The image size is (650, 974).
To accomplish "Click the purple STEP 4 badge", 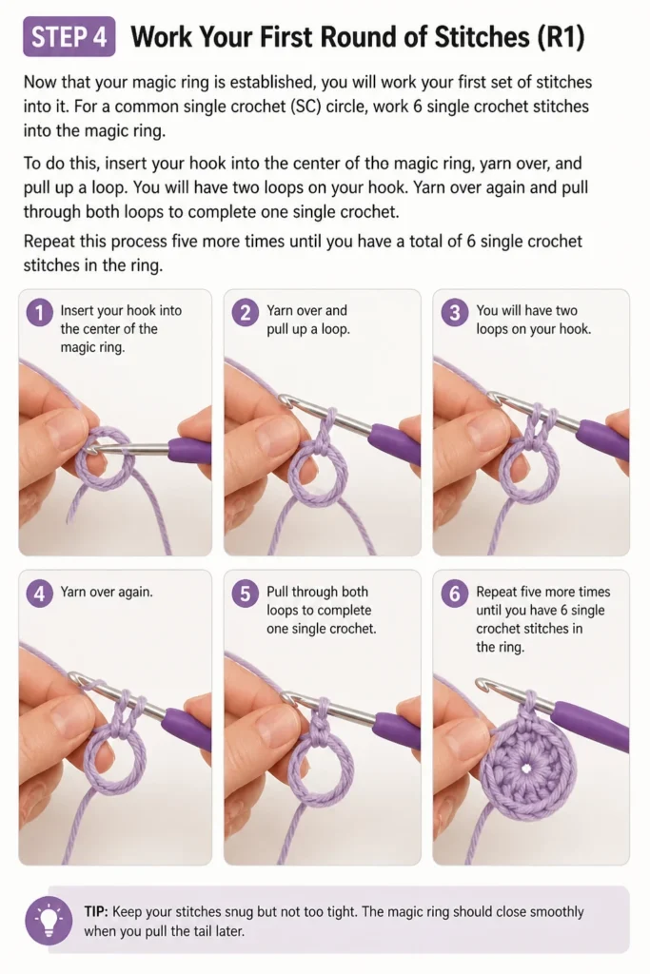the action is click(69, 37).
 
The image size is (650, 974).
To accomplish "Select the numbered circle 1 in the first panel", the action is click(39, 312).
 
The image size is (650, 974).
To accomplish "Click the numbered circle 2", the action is click(246, 312).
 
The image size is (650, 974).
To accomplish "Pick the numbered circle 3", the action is click(455, 312).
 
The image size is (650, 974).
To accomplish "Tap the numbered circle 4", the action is click(39, 594).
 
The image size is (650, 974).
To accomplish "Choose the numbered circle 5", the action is click(246, 594).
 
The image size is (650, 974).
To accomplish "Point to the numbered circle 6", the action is click(455, 594).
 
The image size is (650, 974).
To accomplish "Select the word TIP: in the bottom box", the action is click(96, 911).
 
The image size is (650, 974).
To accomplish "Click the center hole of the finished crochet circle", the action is click(527, 769).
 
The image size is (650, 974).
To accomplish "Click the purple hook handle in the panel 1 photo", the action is click(189, 449).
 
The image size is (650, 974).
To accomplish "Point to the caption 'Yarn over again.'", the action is click(107, 592).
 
